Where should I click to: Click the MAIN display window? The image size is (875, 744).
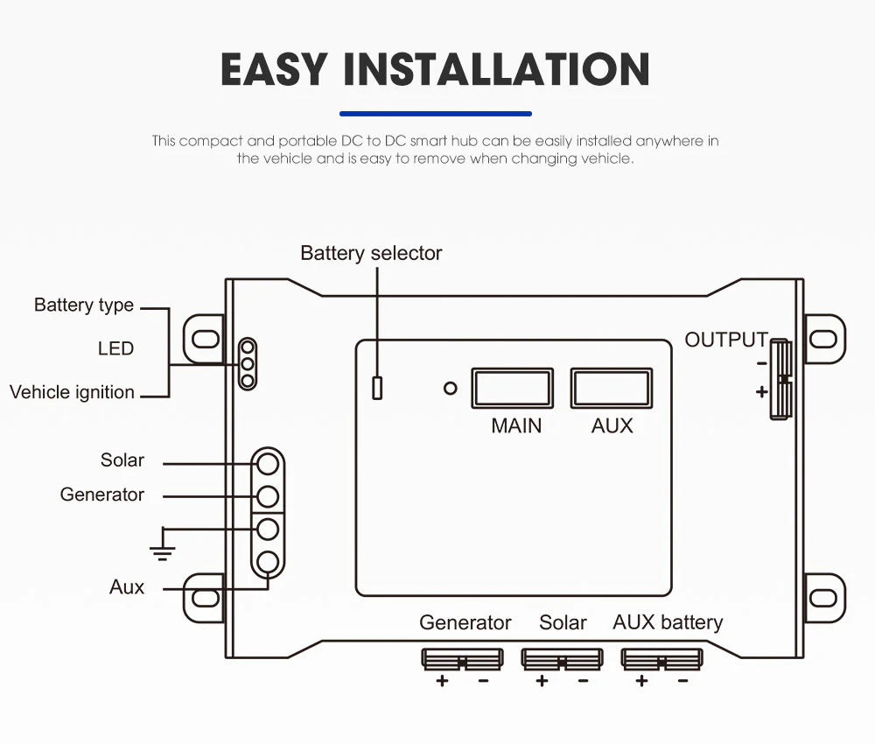coord(512,388)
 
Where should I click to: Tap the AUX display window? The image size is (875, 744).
coord(612,388)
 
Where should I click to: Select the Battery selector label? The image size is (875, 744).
coord(371,254)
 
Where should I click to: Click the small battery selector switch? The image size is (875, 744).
coord(377,388)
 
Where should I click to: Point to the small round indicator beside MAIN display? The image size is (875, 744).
coord(450,388)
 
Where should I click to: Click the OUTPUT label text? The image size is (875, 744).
coord(725,340)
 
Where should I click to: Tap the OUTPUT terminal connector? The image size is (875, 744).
coord(781,379)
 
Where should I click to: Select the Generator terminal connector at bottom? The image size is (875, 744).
coord(462,659)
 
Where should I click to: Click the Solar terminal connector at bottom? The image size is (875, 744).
coord(562,659)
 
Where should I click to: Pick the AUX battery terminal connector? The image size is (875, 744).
coord(661,659)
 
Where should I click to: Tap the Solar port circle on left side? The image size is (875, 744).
coord(269,462)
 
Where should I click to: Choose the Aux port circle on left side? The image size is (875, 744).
coord(269,562)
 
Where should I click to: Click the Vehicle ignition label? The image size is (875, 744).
coord(73,392)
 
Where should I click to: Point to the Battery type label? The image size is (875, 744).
coord(84,305)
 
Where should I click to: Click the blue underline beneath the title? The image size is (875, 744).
coord(435,113)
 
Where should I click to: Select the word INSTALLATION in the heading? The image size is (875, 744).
coord(496,70)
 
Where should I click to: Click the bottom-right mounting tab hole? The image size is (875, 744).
coord(823,597)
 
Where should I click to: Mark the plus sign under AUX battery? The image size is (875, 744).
coord(641,681)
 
